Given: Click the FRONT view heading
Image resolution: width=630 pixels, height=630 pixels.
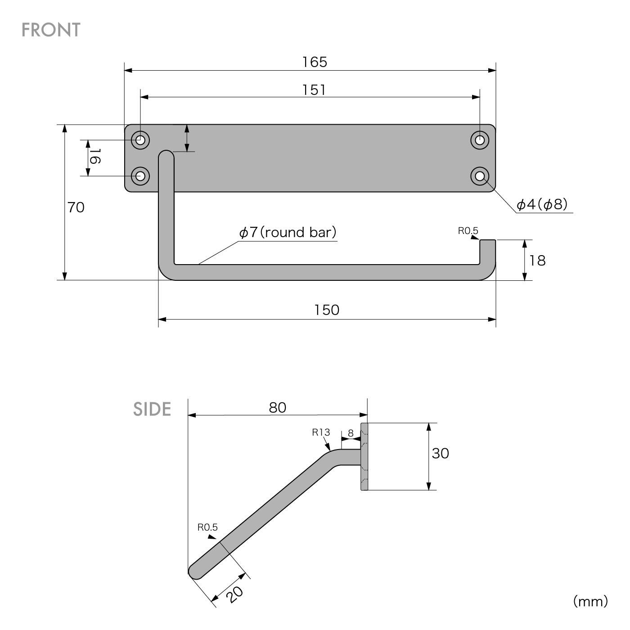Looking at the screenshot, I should coord(51,30).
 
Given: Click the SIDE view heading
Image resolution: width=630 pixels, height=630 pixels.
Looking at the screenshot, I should coord(152,409).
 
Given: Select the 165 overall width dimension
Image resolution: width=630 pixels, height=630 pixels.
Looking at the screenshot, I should coord(315,62).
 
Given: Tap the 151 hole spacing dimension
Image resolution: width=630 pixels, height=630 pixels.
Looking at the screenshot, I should coord(314,90).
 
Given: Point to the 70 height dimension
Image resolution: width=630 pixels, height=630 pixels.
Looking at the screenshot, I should coord(76,207).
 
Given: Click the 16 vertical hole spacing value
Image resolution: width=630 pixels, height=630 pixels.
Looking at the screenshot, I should coord(94,157).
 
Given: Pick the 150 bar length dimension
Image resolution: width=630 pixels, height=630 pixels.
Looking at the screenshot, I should coord(326,310).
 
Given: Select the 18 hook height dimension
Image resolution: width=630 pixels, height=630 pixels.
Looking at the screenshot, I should coord(537,261).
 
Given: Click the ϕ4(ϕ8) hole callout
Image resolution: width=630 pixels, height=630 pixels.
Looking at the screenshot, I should coord(542,205).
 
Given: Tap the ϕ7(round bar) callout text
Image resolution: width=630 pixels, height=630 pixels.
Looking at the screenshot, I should coord(288,232).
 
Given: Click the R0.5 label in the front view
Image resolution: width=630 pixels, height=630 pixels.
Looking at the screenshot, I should coord(468,231).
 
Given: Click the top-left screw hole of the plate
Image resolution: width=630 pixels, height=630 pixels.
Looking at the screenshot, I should coord(140,140).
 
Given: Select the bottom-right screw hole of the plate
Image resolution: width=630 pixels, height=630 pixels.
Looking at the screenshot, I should coord(480,176).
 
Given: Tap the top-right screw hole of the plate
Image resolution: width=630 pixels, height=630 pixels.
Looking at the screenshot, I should coord(480,140).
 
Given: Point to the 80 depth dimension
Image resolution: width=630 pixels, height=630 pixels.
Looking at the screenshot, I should coord(278,407).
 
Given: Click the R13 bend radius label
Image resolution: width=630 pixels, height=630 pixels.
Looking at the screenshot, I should coord(321,432).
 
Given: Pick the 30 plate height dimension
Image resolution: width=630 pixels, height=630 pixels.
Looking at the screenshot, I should coord(440,453).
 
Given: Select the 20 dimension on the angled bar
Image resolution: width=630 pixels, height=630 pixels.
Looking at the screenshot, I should coord(234,594).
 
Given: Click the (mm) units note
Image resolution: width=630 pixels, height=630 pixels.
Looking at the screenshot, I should coord(590,601).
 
